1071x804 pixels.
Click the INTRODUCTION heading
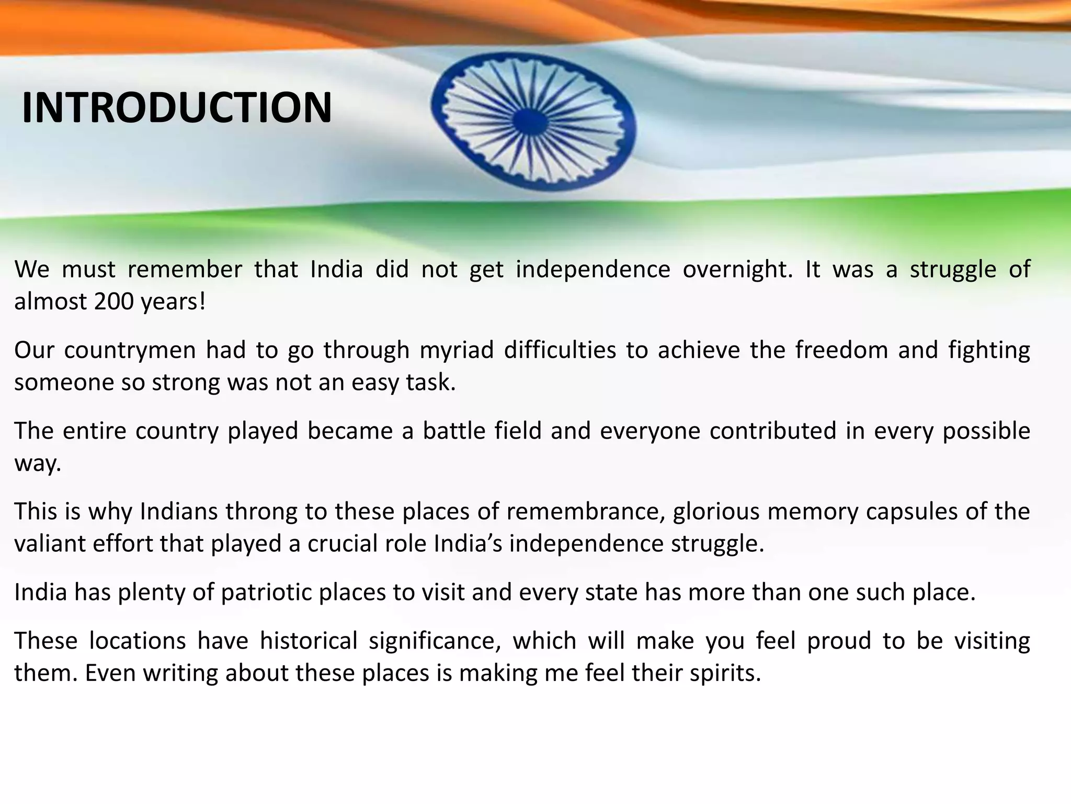tap(177, 108)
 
